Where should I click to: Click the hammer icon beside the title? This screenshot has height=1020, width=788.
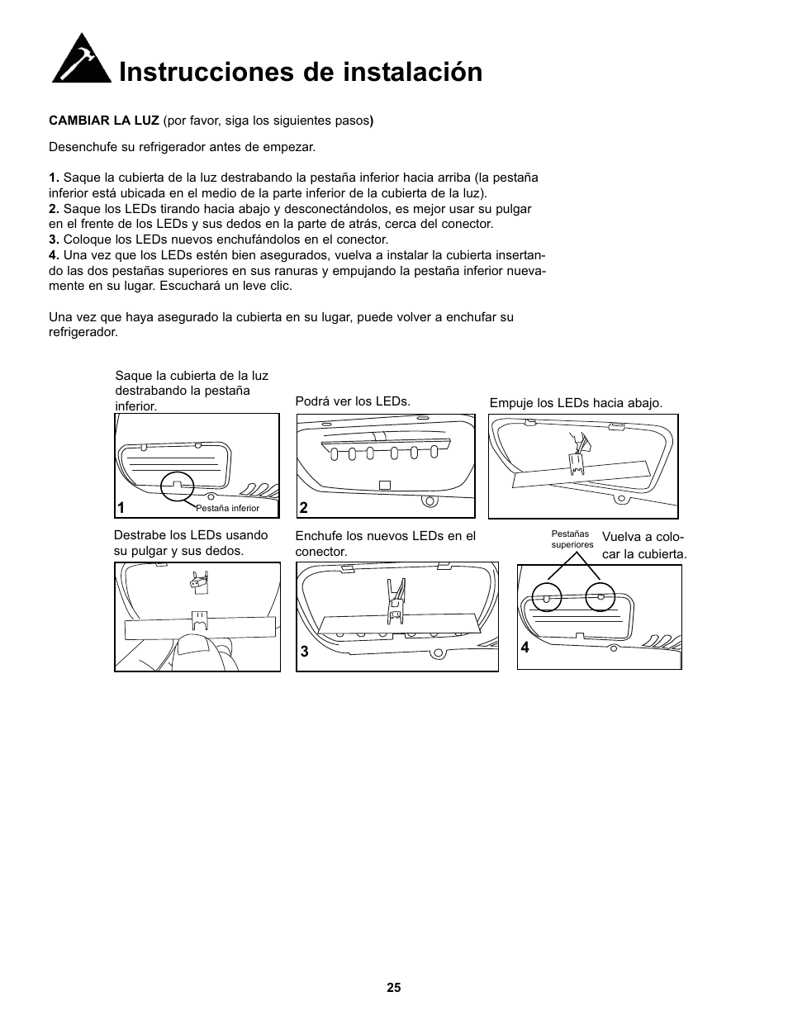tap(81, 59)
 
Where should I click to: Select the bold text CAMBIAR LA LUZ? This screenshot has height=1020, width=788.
tap(104, 121)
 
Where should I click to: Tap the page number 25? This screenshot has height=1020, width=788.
tap(393, 988)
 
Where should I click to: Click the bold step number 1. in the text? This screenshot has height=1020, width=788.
tap(55, 178)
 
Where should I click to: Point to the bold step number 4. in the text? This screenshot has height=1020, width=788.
tap(55, 254)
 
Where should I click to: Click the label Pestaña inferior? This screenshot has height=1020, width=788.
tap(227, 509)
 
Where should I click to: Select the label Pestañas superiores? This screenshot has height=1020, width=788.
tap(572, 539)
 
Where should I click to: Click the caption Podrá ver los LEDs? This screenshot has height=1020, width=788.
tap(353, 401)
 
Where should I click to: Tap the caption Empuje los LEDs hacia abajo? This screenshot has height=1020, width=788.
tap(576, 403)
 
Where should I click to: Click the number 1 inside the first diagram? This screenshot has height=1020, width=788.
tap(121, 508)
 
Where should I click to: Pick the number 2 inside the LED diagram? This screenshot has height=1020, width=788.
tap(303, 508)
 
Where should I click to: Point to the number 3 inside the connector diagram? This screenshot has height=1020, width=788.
tap(304, 652)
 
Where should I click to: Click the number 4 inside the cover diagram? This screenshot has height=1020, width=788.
tap(525, 648)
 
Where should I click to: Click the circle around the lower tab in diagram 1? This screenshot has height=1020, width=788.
tap(177, 486)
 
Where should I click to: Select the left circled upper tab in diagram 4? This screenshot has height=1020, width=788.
tap(546, 597)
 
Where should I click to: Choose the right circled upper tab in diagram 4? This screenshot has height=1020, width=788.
tap(600, 597)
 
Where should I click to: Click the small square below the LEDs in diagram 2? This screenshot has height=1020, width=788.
tap(384, 485)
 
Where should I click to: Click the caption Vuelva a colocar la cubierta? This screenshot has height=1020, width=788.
tap(643, 546)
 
